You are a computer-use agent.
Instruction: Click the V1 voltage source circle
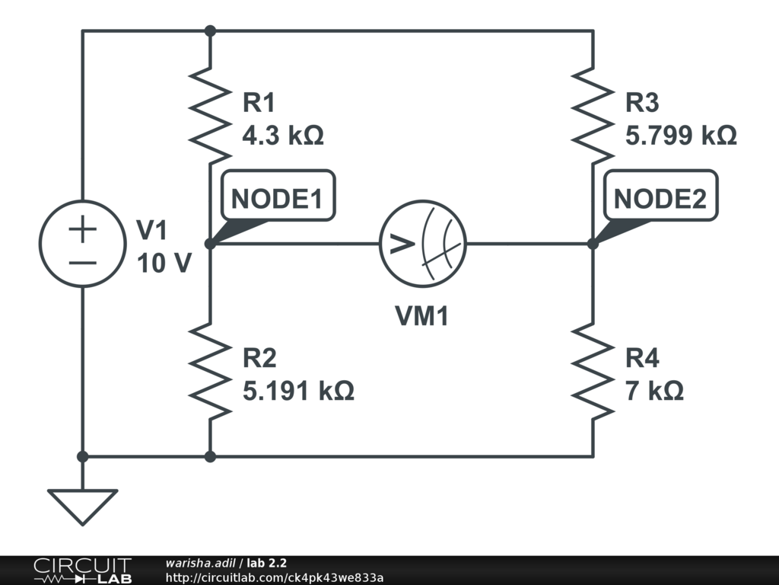pyautogui.click(x=82, y=244)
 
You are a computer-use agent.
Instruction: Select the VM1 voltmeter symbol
pyautogui.click(x=423, y=244)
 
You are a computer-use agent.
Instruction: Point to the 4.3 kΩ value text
pyautogui.click(x=283, y=136)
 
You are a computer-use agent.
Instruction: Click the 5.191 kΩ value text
pyautogui.click(x=298, y=392)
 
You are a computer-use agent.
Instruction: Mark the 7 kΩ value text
pyautogui.click(x=654, y=392)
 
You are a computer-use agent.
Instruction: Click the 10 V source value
pyautogui.click(x=163, y=264)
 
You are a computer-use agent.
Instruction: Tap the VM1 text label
pyautogui.click(x=421, y=315)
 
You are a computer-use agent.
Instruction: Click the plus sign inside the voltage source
pyautogui.click(x=82, y=229)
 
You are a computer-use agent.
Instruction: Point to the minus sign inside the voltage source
pyautogui.click(x=82, y=262)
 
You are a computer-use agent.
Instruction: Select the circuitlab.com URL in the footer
pyautogui.click(x=274, y=577)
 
